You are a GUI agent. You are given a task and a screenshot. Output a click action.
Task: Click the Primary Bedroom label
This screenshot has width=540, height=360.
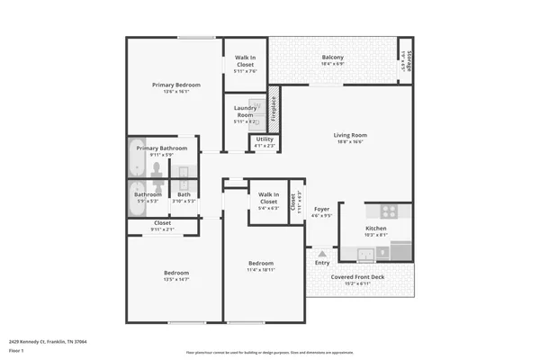pyautogui.click(x=175, y=85)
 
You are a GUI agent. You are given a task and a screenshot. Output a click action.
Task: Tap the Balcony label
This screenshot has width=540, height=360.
pyautogui.click(x=333, y=58)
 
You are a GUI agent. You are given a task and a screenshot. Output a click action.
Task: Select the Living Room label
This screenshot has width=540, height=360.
pyautogui.click(x=352, y=135)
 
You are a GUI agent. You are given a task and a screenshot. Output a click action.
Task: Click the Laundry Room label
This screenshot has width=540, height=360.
pyautogui.click(x=245, y=112)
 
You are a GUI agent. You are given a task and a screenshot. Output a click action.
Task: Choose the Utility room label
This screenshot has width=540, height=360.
pyautogui.click(x=265, y=139)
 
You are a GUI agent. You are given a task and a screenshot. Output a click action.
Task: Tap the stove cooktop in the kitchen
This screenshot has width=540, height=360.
pyautogui.click(x=389, y=212)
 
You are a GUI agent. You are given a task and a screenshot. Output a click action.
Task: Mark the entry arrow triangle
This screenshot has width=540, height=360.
pyautogui.click(x=321, y=252)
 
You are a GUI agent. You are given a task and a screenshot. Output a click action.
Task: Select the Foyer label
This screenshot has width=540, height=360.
pyautogui.click(x=321, y=209)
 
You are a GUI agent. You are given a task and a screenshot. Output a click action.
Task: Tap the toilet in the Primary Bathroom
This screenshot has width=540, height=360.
pyautogui.click(x=156, y=170)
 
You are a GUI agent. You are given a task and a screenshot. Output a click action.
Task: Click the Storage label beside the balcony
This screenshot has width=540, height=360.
pyautogui.click(x=408, y=60)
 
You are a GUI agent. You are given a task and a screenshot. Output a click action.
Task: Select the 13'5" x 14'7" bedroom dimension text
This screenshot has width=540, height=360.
pyautogui.click(x=175, y=279)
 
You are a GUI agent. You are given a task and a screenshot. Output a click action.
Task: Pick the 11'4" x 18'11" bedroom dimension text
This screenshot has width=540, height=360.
pyautogui.click(x=262, y=269)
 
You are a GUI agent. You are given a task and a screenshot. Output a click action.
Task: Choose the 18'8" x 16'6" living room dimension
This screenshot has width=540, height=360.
pyautogui.click(x=352, y=141)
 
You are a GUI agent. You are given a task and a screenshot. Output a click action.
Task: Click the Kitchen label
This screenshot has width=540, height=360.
pyautogui.click(x=375, y=229)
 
